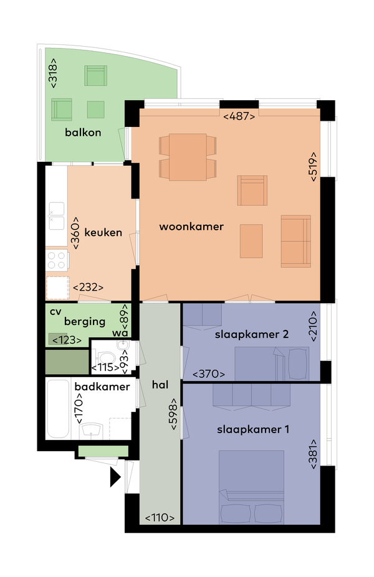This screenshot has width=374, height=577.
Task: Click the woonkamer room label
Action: pyautogui.click(x=191, y=227)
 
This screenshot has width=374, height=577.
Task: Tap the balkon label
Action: pyautogui.click(x=83, y=133)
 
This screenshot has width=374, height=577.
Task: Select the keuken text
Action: pyautogui.click(x=103, y=233)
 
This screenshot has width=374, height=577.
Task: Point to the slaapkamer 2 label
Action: pyautogui.click(x=252, y=334)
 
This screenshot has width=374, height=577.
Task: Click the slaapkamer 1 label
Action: pyautogui.click(x=253, y=429)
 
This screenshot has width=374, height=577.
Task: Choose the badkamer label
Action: pyautogui.click(x=102, y=387)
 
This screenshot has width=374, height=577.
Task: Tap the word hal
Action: pyautogui.click(x=160, y=385)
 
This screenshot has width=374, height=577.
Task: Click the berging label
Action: pyautogui.click(x=85, y=322)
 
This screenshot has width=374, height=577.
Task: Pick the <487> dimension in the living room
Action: pyautogui.click(x=239, y=116)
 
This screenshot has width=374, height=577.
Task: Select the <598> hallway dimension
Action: pyautogui.click(x=173, y=414)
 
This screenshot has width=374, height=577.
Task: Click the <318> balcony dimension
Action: pyautogui.click(x=54, y=73)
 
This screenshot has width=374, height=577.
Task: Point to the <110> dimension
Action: pyautogui.click(x=160, y=518)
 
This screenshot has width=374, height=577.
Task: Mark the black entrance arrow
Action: pyautogui.click(x=115, y=477)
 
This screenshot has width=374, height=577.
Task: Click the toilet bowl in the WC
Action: pyautogui.click(x=106, y=358)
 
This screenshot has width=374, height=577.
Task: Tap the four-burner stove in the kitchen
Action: pyautogui.click(x=57, y=260)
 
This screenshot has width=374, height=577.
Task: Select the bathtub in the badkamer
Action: pyautogui.click(x=58, y=409)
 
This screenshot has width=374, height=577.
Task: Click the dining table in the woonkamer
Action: pyautogui.click(x=188, y=157)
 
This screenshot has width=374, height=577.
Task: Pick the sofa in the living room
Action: pyautogui.click(x=296, y=241)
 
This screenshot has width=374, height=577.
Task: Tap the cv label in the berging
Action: pyautogui.click(x=55, y=312)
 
